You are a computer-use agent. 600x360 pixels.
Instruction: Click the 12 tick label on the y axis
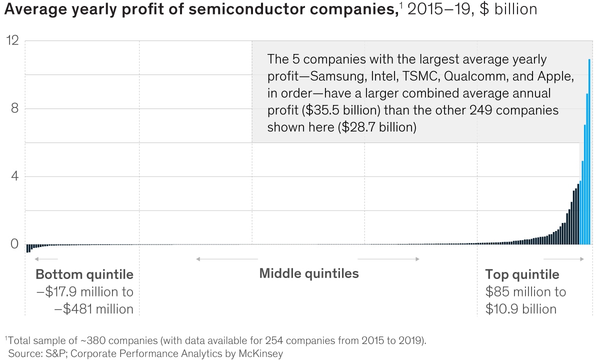12,41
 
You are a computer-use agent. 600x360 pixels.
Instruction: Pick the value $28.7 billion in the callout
376,127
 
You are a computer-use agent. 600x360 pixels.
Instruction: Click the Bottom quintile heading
84,274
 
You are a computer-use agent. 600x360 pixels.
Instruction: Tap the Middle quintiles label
309,273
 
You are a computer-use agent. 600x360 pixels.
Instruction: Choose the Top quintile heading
522,274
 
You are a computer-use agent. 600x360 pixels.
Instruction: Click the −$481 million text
93,309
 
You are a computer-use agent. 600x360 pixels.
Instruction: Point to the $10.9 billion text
521,309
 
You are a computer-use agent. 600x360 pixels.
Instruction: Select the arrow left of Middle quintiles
227,259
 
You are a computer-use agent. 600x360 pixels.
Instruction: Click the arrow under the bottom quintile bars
46,259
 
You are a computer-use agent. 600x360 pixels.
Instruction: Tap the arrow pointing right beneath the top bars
563,259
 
